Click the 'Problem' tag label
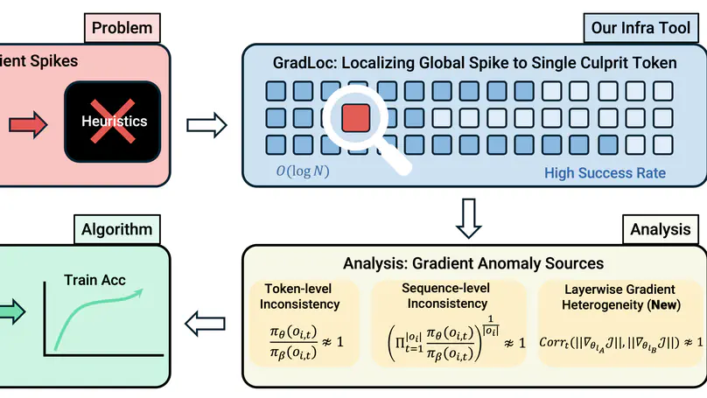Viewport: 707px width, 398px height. (122, 28)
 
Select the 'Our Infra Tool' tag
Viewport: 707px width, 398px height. (644, 28)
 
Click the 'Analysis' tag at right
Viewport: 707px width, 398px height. (661, 230)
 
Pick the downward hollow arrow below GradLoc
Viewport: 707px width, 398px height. (473, 216)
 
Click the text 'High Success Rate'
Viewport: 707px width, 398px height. (605, 172)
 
